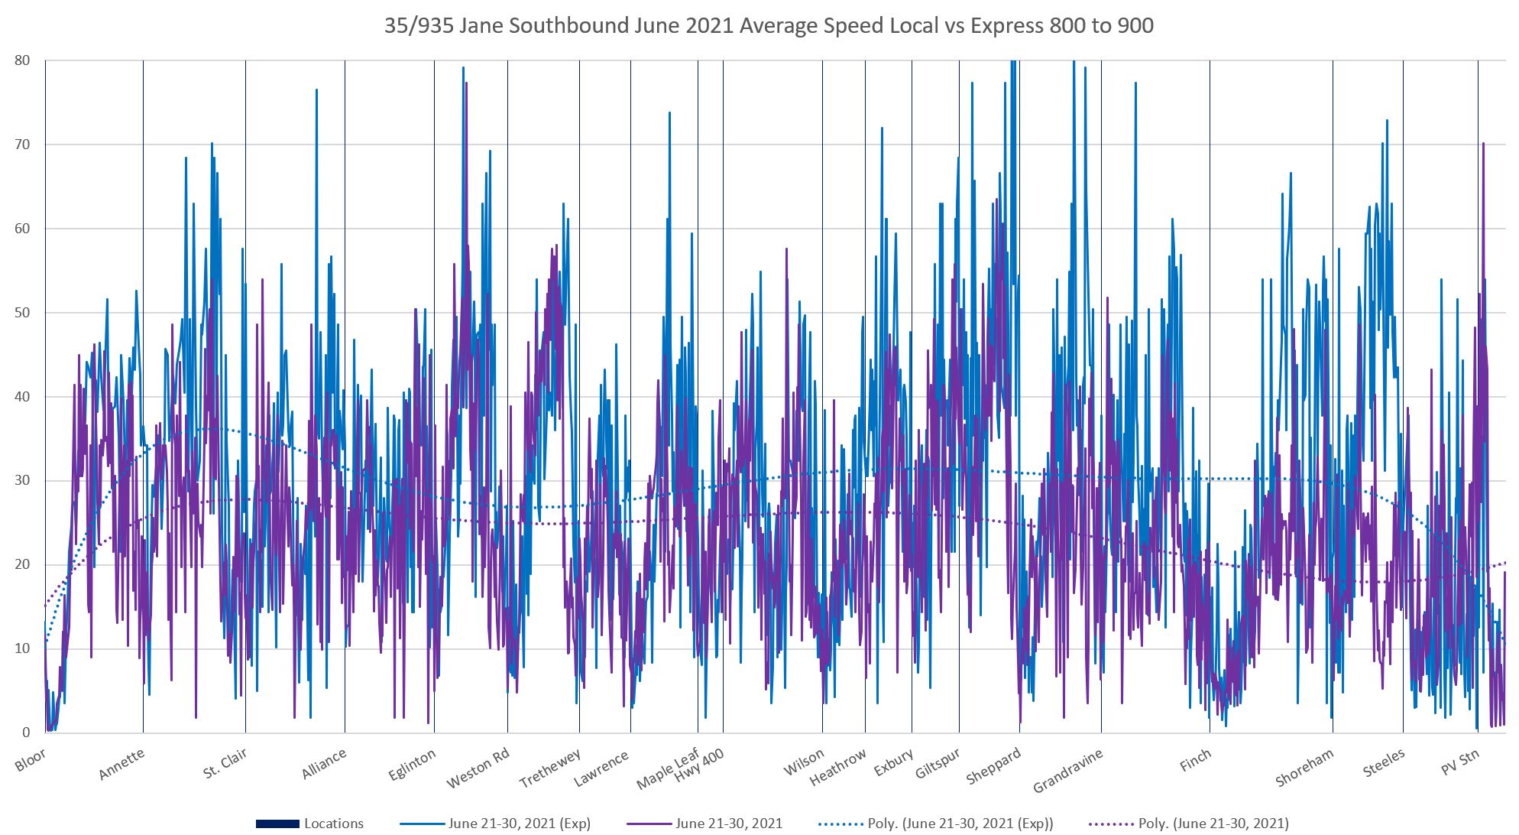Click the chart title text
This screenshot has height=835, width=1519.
point(768,26)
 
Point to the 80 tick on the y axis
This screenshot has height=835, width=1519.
point(22,61)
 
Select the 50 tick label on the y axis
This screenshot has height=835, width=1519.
point(22,313)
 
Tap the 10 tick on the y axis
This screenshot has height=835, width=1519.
point(22,648)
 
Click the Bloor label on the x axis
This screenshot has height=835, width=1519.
point(31,760)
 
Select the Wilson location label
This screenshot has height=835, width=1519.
point(804,762)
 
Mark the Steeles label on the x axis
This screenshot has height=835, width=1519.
point(1384,763)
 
